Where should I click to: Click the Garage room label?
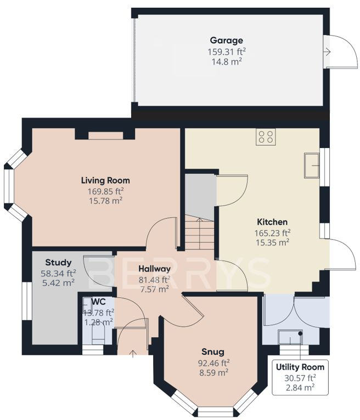pos(227,41)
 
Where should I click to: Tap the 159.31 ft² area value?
pos(227,52)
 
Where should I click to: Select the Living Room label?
pos(105,180)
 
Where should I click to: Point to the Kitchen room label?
pos(272,222)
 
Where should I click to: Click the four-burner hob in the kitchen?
pos(266,137)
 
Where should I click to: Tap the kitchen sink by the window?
pos(312,166)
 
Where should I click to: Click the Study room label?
pos(58,263)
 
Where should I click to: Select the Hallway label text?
pos(154,269)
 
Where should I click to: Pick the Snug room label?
pos(213,351)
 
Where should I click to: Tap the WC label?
pos(99,302)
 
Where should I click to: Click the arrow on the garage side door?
pos(327,52)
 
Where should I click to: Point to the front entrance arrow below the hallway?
pos(132,353)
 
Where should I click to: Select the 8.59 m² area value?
pos(213,373)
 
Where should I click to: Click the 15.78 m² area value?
pos(105,201)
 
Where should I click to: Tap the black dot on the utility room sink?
pos(301,334)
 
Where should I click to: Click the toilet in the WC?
pos(98,332)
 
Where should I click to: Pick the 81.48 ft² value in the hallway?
pos(154,280)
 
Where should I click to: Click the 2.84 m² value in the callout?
pos(300,388)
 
